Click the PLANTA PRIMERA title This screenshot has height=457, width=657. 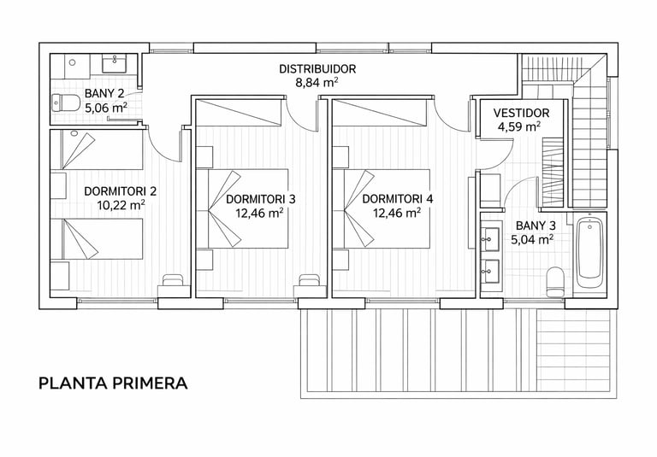tap(113, 384)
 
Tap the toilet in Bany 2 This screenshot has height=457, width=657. tap(66, 103)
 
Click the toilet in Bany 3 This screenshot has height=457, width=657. tap(555, 282)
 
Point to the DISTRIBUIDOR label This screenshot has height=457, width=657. tap(317, 68)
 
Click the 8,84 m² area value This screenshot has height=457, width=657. tap(317, 83)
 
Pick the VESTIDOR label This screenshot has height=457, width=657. tap(521, 113)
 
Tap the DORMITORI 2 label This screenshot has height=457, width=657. tap(121, 191)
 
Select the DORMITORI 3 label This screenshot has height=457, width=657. tap(261, 199)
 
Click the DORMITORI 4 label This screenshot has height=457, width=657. tap(397, 199)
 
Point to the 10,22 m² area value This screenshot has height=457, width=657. tap(121, 205)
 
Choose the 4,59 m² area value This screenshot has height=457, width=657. tap(518, 126)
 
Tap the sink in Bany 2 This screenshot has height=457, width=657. tap(114, 63)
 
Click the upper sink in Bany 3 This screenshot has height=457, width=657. tap(489, 239)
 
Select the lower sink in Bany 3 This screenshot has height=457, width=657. tap(489, 271)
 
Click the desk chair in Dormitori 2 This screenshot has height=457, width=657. tap(173, 280)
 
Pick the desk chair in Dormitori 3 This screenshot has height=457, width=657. tap(309, 280)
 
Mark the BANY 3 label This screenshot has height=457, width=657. tap(536, 226)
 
